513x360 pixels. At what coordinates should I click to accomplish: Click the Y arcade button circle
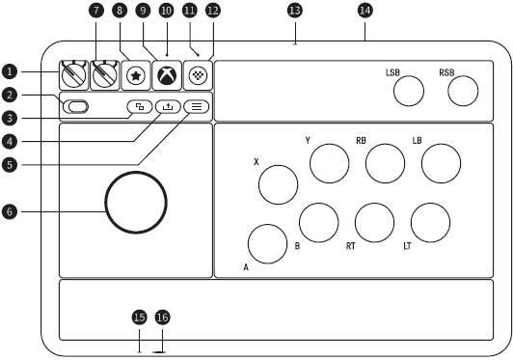click(x=328, y=164)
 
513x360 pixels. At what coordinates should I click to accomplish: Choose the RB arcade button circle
click(x=385, y=163)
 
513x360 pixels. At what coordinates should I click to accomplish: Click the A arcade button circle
click(x=268, y=243)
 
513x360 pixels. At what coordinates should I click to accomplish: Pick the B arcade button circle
click(x=318, y=223)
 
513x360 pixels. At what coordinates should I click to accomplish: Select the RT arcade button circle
click(x=374, y=223)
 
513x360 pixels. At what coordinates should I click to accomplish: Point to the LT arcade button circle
click(x=430, y=223)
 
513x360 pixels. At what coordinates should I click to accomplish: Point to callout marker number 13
click(x=294, y=10)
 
